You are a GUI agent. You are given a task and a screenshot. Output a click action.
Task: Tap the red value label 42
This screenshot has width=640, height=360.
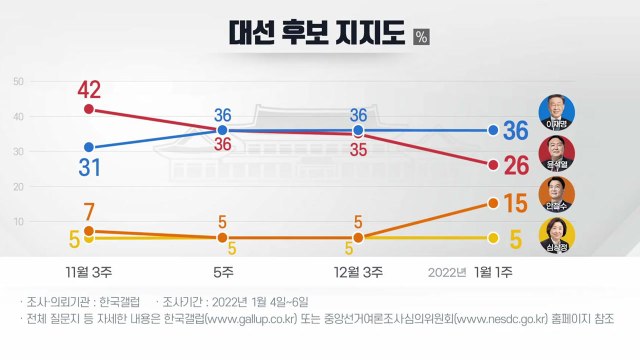pyautogui.click(x=90, y=89)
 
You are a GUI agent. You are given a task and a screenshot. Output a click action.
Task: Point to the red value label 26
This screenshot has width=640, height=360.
pyautogui.click(x=515, y=164)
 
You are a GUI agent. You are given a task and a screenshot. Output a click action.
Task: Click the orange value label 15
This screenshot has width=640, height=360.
pyautogui.click(x=515, y=203)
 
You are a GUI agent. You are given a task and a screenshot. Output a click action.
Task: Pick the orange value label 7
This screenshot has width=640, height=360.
pyautogui.click(x=89, y=212)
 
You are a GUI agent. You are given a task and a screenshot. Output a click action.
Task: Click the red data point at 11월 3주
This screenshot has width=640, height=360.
pyautogui.click(x=90, y=109)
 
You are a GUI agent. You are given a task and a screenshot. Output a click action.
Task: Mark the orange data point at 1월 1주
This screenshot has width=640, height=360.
pyautogui.click(x=493, y=203)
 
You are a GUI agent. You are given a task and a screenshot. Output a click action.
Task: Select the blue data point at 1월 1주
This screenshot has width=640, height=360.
pyautogui.click(x=493, y=130)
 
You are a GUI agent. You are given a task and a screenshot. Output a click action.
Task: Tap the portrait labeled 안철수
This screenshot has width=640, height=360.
pyautogui.click(x=556, y=194)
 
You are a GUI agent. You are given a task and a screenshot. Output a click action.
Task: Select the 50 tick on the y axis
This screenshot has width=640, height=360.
pyautogui.click(x=19, y=82)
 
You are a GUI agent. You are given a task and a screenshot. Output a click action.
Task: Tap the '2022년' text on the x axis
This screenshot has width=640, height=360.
pyautogui.click(x=448, y=272)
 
